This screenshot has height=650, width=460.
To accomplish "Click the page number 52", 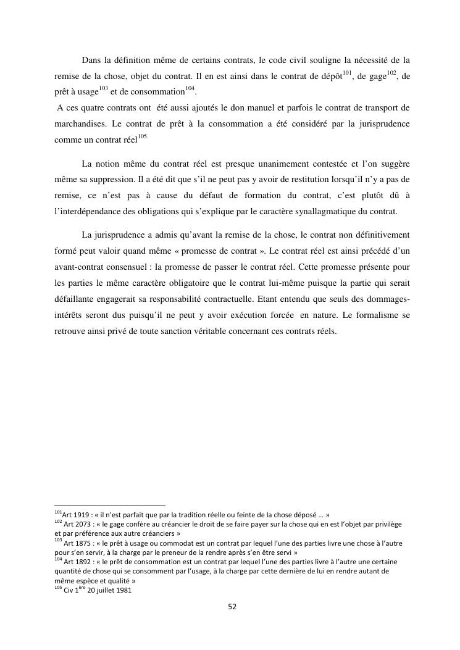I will click(x=232, y=606).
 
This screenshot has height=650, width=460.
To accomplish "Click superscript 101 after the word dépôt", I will click(x=347, y=73).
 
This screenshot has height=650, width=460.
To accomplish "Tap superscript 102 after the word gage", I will click(x=391, y=73).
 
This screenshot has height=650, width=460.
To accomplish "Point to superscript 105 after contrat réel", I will click(x=143, y=136).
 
